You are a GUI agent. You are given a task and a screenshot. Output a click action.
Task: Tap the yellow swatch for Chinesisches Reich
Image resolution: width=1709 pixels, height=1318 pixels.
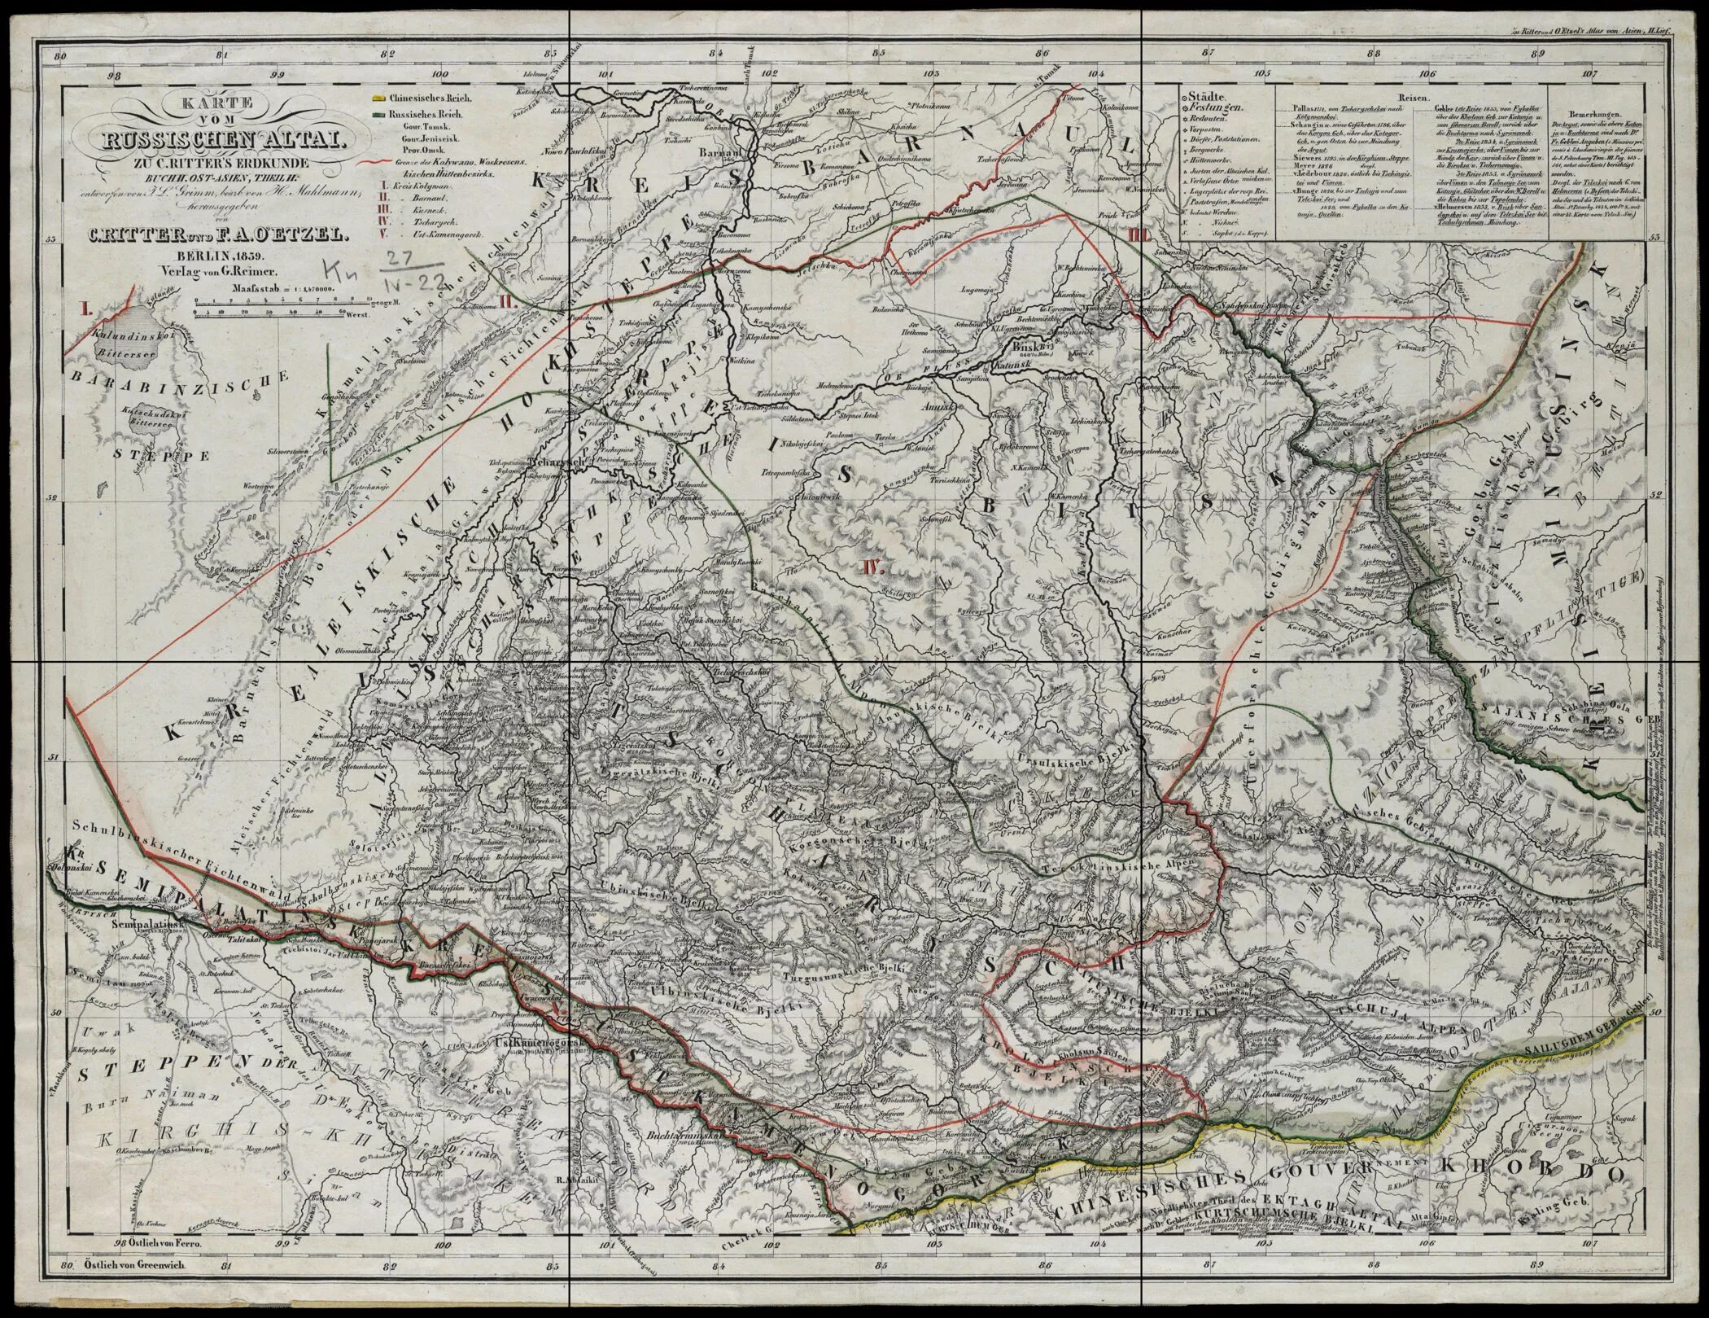[376, 98]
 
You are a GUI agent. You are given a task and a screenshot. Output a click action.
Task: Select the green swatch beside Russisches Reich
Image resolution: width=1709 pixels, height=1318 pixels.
[376, 114]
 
